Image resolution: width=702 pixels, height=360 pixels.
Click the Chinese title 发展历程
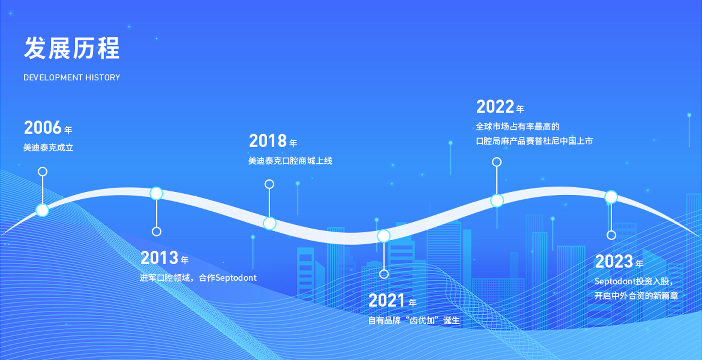[72, 48]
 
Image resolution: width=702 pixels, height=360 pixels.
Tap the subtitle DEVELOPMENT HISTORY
[72, 78]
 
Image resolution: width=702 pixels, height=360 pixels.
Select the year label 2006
[43, 127]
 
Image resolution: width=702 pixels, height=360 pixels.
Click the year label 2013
[159, 258]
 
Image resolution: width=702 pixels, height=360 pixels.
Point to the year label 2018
[268, 141]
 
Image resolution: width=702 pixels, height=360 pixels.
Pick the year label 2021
[387, 300]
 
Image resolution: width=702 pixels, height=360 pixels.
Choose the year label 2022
[495, 106]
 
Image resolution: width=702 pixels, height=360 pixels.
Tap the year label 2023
[614, 261]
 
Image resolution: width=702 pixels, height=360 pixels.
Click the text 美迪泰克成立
[48, 148]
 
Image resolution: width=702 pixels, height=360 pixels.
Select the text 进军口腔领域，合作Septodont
[198, 278]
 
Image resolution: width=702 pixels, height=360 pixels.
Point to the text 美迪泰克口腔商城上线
[290, 161]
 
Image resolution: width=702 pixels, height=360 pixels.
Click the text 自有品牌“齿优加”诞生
[414, 321]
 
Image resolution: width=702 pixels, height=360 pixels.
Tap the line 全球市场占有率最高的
[518, 127]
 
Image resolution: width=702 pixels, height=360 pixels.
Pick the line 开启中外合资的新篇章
[636, 296]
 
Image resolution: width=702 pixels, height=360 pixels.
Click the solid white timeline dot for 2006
[42, 210]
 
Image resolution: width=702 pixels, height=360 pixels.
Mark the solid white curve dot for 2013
[156, 193]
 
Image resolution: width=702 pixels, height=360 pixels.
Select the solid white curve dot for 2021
[384, 236]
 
